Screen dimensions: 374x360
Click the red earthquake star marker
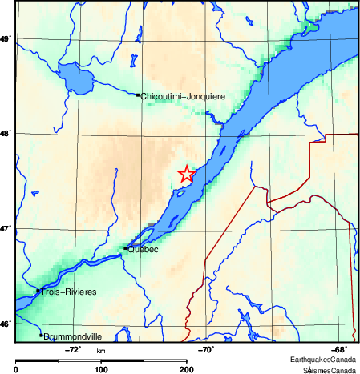click(x=186, y=174)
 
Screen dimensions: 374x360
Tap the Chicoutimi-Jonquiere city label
click(x=183, y=96)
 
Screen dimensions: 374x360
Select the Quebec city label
click(x=144, y=250)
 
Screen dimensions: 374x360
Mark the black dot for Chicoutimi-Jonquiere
click(x=138, y=95)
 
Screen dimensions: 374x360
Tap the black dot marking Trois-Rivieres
click(x=38, y=291)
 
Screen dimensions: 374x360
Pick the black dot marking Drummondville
click(x=41, y=335)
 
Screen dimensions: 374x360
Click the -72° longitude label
click(x=71, y=349)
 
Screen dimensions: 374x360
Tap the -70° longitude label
click(x=206, y=349)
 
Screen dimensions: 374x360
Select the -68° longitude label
click(x=340, y=349)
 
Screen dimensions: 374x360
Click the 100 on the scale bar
click(x=101, y=369)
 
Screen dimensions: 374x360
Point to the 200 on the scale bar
click(x=186, y=369)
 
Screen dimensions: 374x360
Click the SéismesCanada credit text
click(x=329, y=370)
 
